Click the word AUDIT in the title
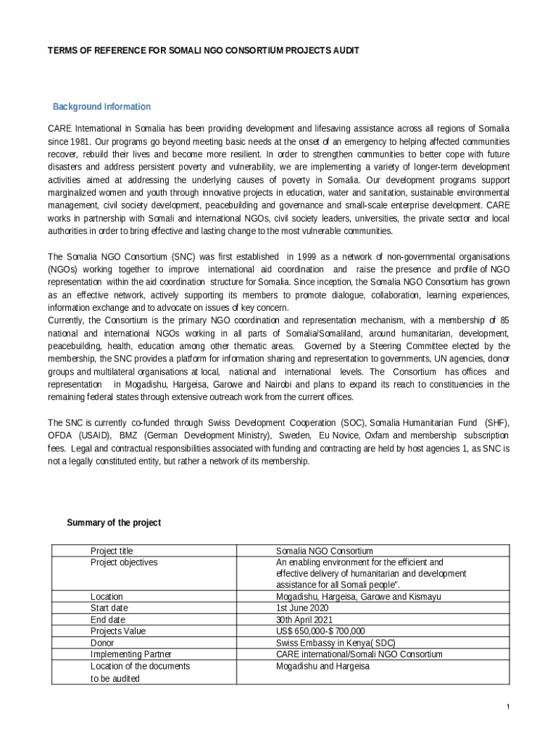(344, 51)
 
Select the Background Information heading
(101, 107)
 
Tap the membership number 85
(504, 320)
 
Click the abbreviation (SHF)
(496, 422)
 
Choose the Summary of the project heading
(114, 522)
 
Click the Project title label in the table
(112, 551)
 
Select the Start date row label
(109, 608)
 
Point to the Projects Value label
(117, 631)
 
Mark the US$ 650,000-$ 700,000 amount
(320, 631)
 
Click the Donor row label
(102, 643)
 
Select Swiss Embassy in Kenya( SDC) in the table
(336, 643)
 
